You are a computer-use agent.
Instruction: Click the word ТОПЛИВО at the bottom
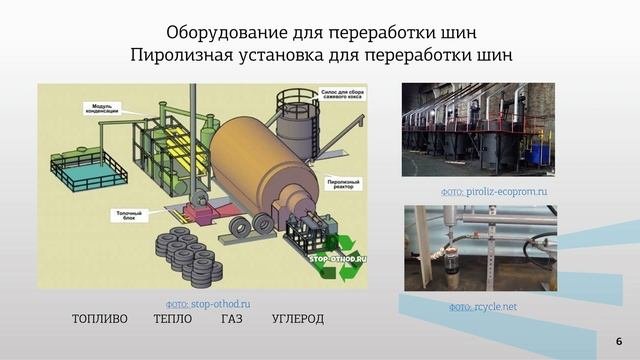pyautogui.click(x=100, y=319)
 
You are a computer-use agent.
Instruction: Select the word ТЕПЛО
pyautogui.click(x=174, y=319)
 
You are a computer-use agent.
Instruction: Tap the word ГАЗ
pyautogui.click(x=231, y=319)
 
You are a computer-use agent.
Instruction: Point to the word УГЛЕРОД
pyautogui.click(x=298, y=319)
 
